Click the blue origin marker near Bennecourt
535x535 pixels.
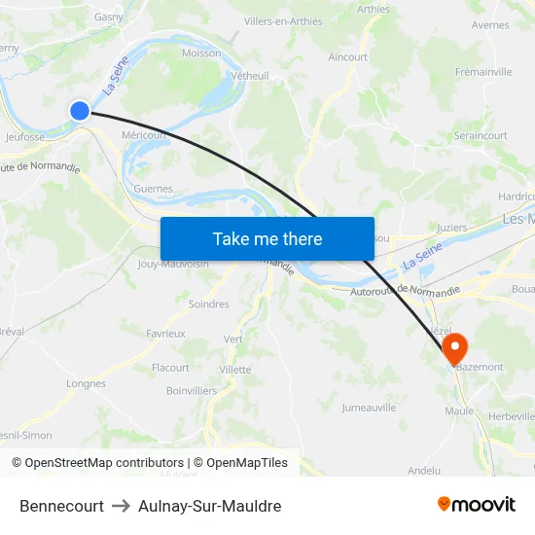point(80,111)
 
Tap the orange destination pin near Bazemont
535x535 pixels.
point(454,347)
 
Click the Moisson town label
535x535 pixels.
point(201,53)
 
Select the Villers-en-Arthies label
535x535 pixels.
point(283,20)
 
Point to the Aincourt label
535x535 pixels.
point(348,57)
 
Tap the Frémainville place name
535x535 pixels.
point(483,72)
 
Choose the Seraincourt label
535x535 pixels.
point(481,136)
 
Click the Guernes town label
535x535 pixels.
point(154,189)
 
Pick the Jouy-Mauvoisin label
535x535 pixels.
point(174,264)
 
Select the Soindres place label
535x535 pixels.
point(208,304)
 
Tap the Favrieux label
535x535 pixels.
point(165,333)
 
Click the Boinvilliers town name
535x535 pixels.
point(192,391)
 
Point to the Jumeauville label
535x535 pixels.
point(369,408)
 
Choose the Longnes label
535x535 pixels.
point(86,383)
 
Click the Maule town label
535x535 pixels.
point(459,410)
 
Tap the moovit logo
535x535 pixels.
point(477,504)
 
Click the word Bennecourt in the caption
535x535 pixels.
point(61,506)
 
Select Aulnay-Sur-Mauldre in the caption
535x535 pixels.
point(210,506)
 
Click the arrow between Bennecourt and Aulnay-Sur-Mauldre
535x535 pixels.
point(122,506)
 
